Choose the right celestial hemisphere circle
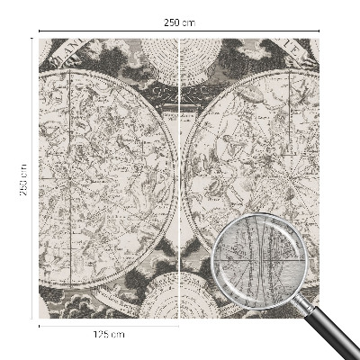click(254, 171)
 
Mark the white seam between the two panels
click(181, 180)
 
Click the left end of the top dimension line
click(40, 31)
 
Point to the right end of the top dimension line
click(319, 31)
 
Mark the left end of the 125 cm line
click(40, 325)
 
